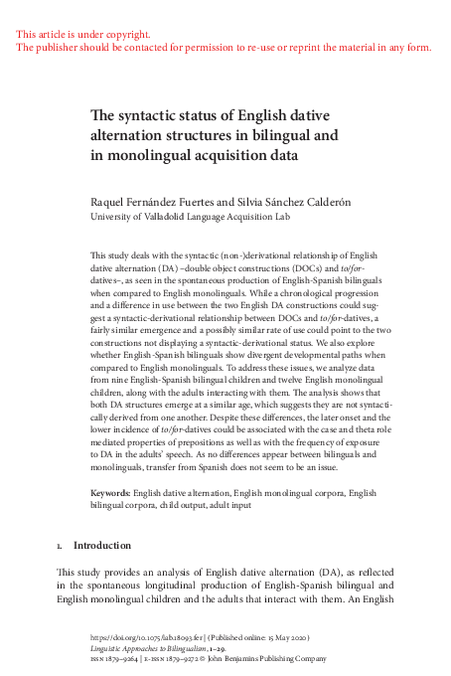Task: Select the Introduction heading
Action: (x=102, y=546)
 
